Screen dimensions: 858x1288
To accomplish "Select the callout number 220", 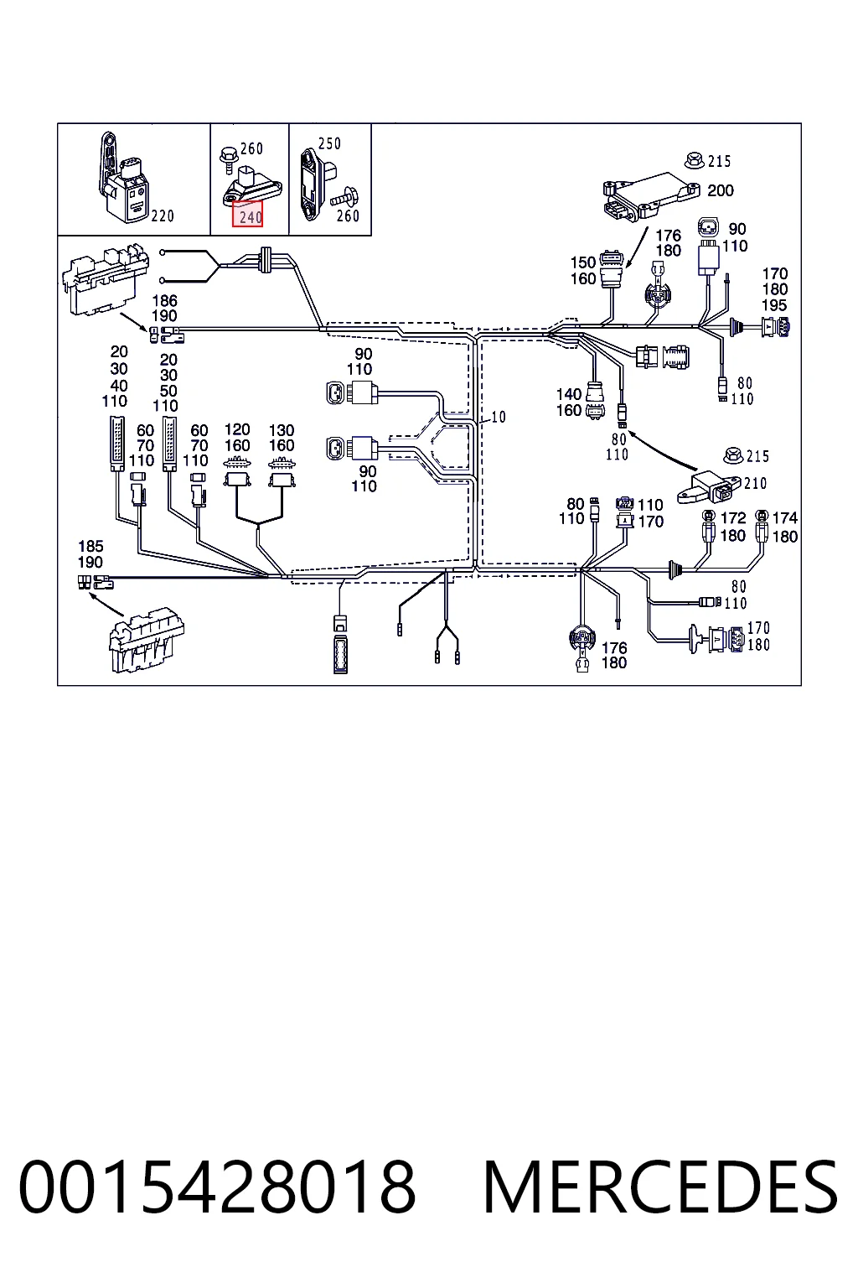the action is (x=163, y=216).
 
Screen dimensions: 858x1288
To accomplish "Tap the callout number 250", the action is (x=330, y=143).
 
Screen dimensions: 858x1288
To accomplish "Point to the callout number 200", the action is (x=721, y=190).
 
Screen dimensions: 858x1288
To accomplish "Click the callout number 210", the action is (x=755, y=484).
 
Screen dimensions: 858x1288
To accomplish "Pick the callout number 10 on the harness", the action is (x=499, y=417).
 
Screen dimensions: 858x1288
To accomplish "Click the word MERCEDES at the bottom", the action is (x=660, y=1188).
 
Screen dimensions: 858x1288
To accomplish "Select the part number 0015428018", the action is (x=217, y=1188).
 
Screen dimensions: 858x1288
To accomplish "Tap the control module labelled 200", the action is (x=651, y=196).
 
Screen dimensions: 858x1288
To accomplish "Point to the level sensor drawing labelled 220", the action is (x=125, y=179).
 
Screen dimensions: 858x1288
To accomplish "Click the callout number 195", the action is (x=774, y=305).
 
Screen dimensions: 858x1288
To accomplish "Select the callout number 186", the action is (x=164, y=301).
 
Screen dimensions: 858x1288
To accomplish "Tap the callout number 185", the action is (x=90, y=546).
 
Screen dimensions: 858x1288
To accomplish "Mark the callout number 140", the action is (x=569, y=394).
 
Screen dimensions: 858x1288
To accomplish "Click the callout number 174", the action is (x=785, y=519).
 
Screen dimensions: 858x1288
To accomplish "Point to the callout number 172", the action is (x=733, y=519).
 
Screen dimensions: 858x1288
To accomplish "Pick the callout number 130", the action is (x=282, y=431).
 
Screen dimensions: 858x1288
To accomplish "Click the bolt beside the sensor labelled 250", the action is (x=343, y=196).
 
